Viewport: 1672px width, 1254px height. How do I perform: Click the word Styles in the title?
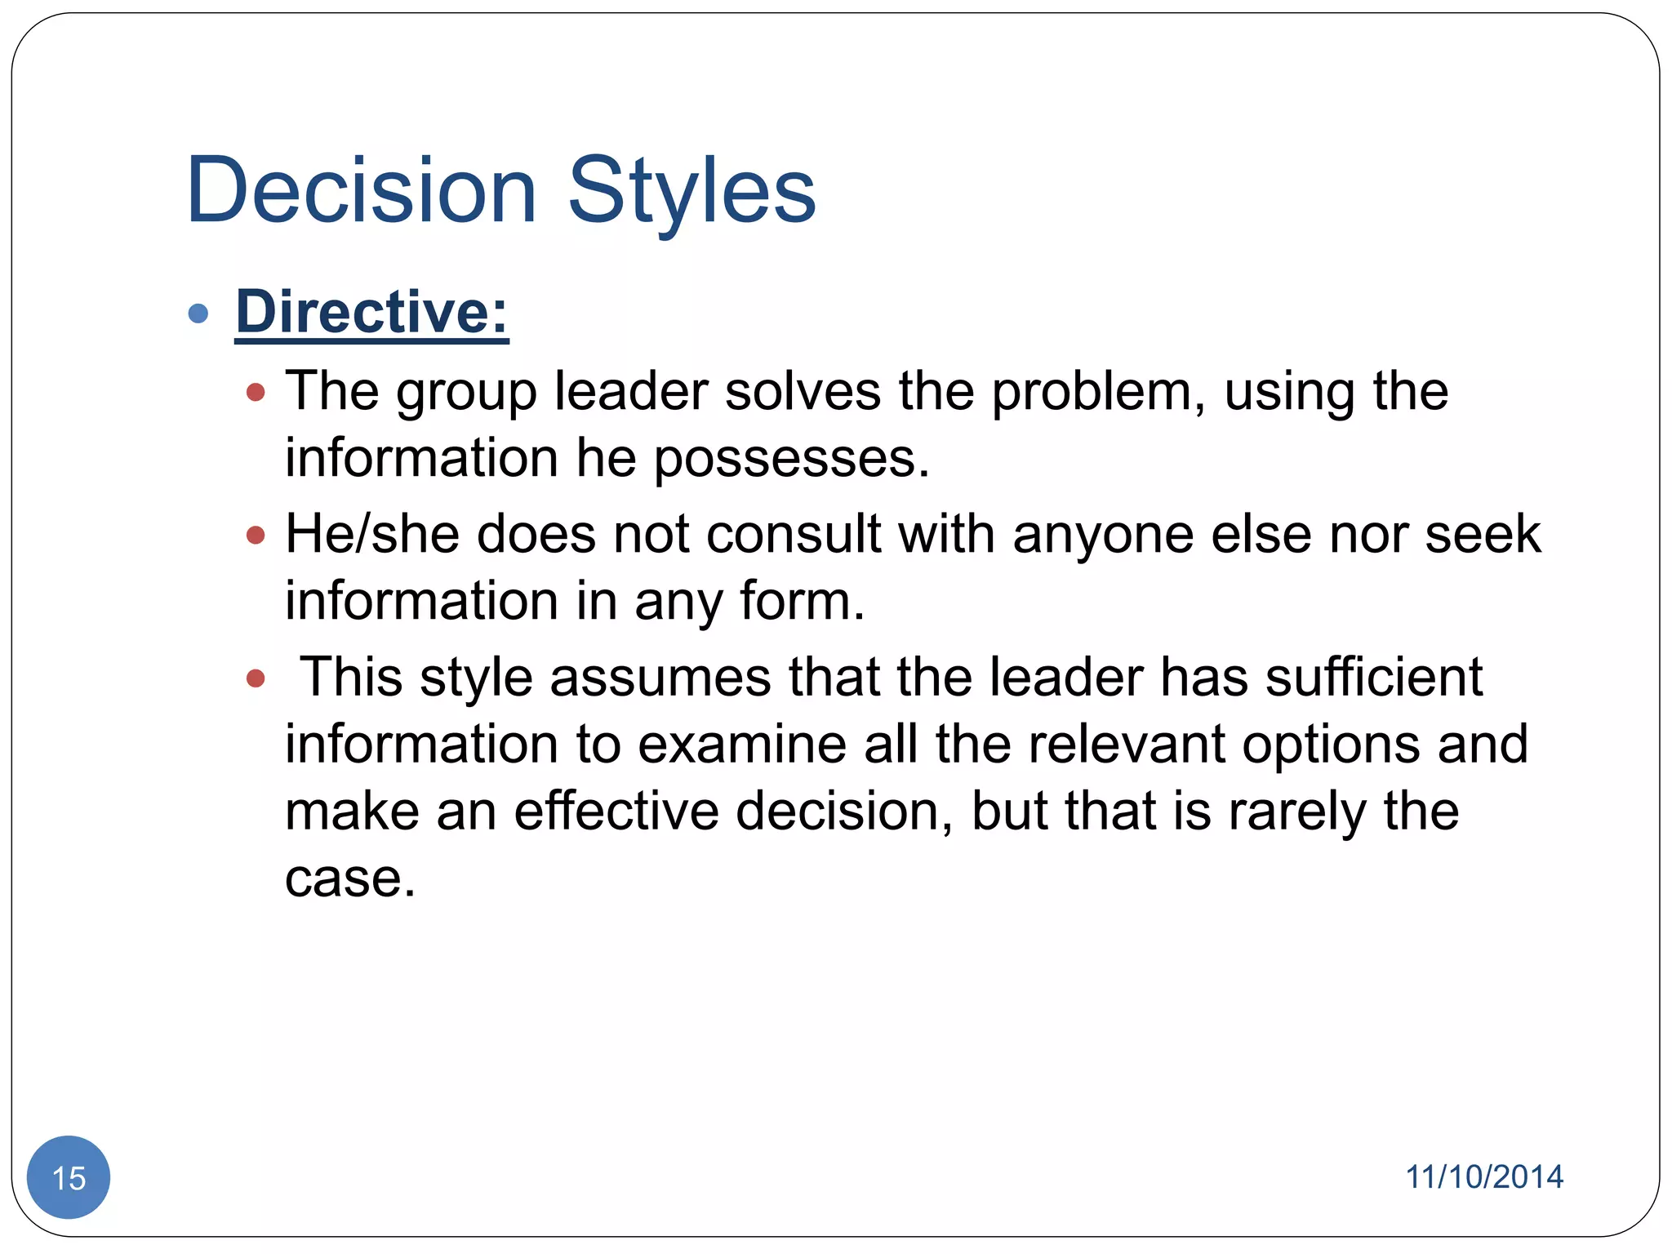[691, 192]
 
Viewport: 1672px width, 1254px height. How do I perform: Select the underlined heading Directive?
[371, 312]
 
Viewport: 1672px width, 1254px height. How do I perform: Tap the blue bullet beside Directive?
[198, 313]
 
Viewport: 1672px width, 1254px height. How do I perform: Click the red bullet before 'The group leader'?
[256, 393]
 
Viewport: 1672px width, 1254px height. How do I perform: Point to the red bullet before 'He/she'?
[256, 536]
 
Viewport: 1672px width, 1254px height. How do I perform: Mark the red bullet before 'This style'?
[256, 678]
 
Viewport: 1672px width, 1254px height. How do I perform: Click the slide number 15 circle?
[69, 1177]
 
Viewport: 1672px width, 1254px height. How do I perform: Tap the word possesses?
[791, 459]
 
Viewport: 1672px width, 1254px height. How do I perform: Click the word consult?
[794, 535]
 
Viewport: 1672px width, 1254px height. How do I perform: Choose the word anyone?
[1103, 535]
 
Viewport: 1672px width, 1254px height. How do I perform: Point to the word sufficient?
[1373, 678]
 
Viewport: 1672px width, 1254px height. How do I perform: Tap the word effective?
[616, 812]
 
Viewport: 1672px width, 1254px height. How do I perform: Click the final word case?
[350, 879]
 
